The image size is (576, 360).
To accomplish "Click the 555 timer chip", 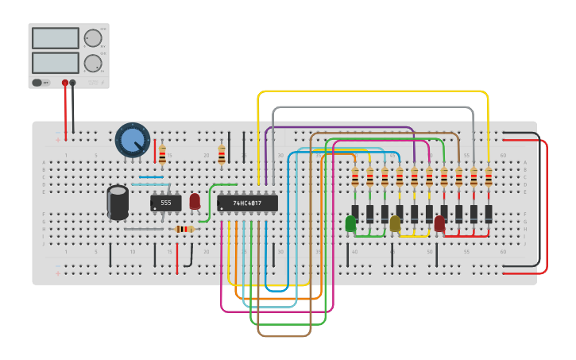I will (165, 203).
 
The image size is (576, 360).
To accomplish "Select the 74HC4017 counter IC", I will (247, 203).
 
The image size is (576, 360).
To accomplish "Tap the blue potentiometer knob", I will (132, 140).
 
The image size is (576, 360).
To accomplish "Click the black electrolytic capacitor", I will (118, 202).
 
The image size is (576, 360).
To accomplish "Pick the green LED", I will (350, 223).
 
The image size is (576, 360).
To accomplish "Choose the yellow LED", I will (395, 223).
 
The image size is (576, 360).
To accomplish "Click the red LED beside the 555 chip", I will (195, 201).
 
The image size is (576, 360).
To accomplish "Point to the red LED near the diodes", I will (439, 223).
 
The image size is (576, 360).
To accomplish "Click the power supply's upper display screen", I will (55, 38).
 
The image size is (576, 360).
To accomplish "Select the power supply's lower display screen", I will (55, 62).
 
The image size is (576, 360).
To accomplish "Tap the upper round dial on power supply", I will (93, 38).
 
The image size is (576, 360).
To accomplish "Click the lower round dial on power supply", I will (93, 63).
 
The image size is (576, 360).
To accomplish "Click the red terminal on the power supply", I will (65, 83).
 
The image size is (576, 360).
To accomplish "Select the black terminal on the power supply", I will (73, 83).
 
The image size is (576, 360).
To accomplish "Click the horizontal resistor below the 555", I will (184, 230).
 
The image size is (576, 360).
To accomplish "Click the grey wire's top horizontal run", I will (373, 107).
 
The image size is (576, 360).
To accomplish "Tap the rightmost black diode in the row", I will (489, 214).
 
